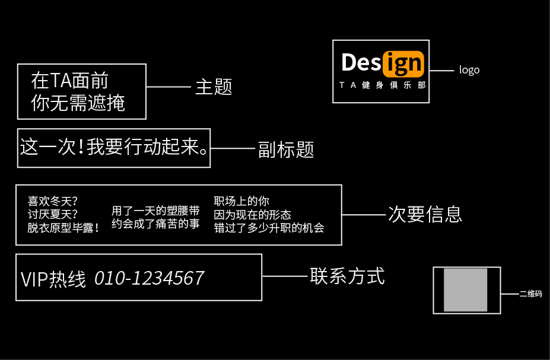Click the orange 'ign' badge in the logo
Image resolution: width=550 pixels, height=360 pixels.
403,63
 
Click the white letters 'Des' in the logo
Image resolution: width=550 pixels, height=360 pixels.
361,62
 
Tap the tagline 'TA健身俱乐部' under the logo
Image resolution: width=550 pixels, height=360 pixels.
382,85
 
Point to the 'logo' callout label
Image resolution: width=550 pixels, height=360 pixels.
469,70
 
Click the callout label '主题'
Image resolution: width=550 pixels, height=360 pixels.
213,87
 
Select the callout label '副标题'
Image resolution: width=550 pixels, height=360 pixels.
285,149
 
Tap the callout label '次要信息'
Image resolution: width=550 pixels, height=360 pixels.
425,214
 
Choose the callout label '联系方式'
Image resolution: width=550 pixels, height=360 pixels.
347,276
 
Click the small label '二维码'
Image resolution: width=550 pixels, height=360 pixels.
530,294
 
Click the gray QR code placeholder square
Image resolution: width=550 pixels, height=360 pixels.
466,289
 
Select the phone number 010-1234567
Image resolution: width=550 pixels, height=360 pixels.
149,278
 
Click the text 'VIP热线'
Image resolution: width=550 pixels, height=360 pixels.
53,279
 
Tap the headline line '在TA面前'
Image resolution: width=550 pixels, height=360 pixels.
69,80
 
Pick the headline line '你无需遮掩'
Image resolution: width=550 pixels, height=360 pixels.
78,103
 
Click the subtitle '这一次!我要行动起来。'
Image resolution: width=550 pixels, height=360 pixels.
114,147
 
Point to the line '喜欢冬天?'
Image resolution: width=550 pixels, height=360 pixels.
53,201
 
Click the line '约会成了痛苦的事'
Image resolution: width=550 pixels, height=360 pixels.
155,224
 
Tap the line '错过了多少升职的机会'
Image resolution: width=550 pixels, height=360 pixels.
269,227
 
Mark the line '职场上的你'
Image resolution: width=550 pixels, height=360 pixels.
241,201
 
